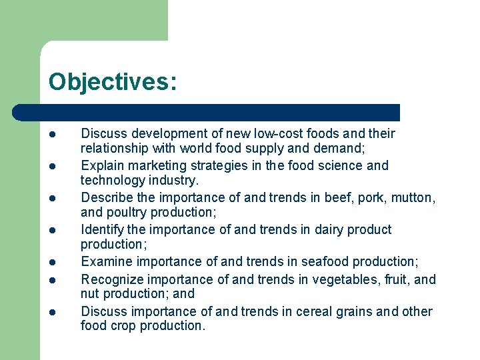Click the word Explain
pyautogui.click(x=103, y=166)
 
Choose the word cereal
pyautogui.click(x=315, y=312)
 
